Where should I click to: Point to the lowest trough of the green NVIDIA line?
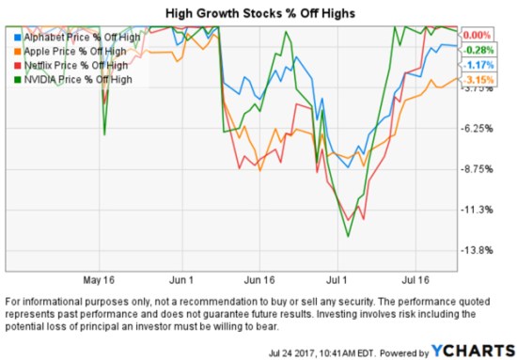point(348,236)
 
